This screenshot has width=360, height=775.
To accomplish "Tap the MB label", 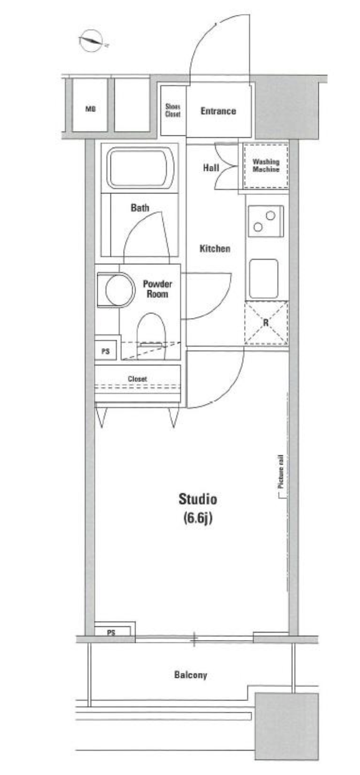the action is pyautogui.click(x=90, y=109).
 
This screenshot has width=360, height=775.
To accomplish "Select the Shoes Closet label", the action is pyautogui.click(x=173, y=110).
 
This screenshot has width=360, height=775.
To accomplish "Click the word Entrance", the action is pyautogui.click(x=219, y=111).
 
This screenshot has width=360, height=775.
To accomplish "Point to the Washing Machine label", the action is pyautogui.click(x=266, y=165).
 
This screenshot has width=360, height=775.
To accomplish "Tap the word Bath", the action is pyautogui.click(x=140, y=208).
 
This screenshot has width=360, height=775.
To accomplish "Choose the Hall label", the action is pyautogui.click(x=211, y=168).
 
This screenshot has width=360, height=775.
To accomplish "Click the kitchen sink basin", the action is pyautogui.click(x=264, y=279).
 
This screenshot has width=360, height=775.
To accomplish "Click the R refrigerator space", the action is pyautogui.click(x=266, y=323).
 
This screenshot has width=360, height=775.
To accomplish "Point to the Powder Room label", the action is pyautogui.click(x=157, y=289).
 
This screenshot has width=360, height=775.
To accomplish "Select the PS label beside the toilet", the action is pyautogui.click(x=105, y=352).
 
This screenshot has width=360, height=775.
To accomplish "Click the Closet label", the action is pyautogui.click(x=137, y=379).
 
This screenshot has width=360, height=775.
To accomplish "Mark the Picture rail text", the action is pyautogui.click(x=280, y=471).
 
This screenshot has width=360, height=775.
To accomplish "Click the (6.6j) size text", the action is pyautogui.click(x=198, y=518).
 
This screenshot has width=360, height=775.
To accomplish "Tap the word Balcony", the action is pyautogui.click(x=191, y=675).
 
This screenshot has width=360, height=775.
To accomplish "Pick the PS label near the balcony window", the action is pyautogui.click(x=111, y=633).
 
